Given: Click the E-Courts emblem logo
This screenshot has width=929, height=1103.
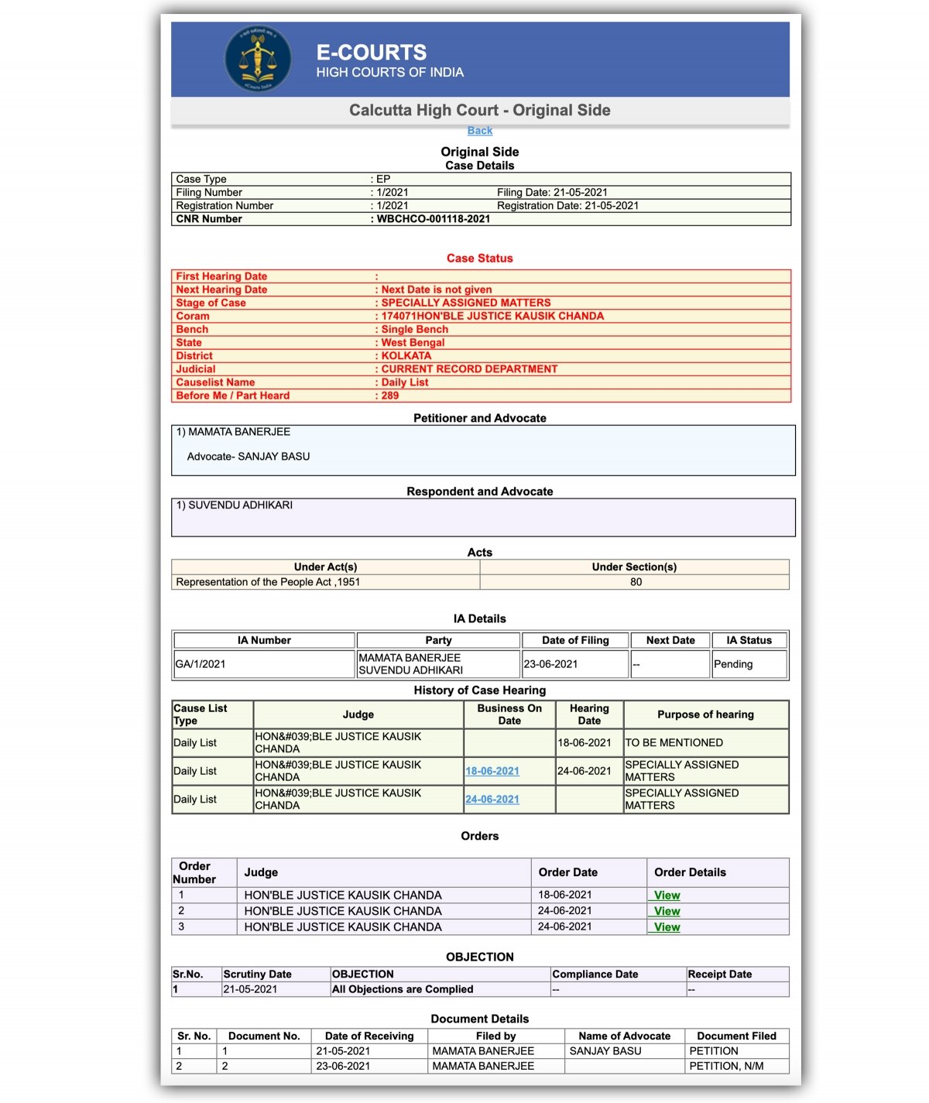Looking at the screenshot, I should tap(258, 59).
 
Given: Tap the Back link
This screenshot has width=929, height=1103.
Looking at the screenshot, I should tap(479, 131).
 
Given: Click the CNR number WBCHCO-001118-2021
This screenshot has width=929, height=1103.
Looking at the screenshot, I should tap(433, 219).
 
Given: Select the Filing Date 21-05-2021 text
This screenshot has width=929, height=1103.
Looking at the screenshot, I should tap(552, 193).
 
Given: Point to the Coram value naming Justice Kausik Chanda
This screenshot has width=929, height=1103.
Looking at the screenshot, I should tap(492, 316).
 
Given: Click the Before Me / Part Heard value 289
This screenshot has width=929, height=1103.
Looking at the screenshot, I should tap(389, 396).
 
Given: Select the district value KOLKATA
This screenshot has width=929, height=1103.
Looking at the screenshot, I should tap(406, 356).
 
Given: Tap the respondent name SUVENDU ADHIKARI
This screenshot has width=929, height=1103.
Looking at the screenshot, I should tap(240, 505).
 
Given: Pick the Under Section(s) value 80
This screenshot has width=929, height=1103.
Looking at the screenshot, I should tap(636, 582).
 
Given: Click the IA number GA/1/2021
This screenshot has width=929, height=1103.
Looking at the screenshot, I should tap(201, 664).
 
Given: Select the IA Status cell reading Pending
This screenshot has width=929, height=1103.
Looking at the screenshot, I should tap(733, 664).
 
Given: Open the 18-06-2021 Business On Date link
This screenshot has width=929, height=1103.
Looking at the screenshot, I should tap(492, 771).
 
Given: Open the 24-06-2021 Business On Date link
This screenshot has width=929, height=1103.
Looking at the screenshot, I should tap(492, 800).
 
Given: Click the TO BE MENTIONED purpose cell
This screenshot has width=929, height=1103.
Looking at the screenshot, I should tap(674, 743).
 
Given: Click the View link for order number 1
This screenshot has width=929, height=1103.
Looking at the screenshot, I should tap(667, 896).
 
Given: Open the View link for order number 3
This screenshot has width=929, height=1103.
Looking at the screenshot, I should tap(667, 927).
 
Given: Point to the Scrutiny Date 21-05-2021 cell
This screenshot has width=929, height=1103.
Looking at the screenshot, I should tap(250, 989).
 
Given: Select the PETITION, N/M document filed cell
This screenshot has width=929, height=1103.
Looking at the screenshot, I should tap(726, 1066).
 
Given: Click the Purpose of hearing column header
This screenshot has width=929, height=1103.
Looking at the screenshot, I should tap(705, 714).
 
